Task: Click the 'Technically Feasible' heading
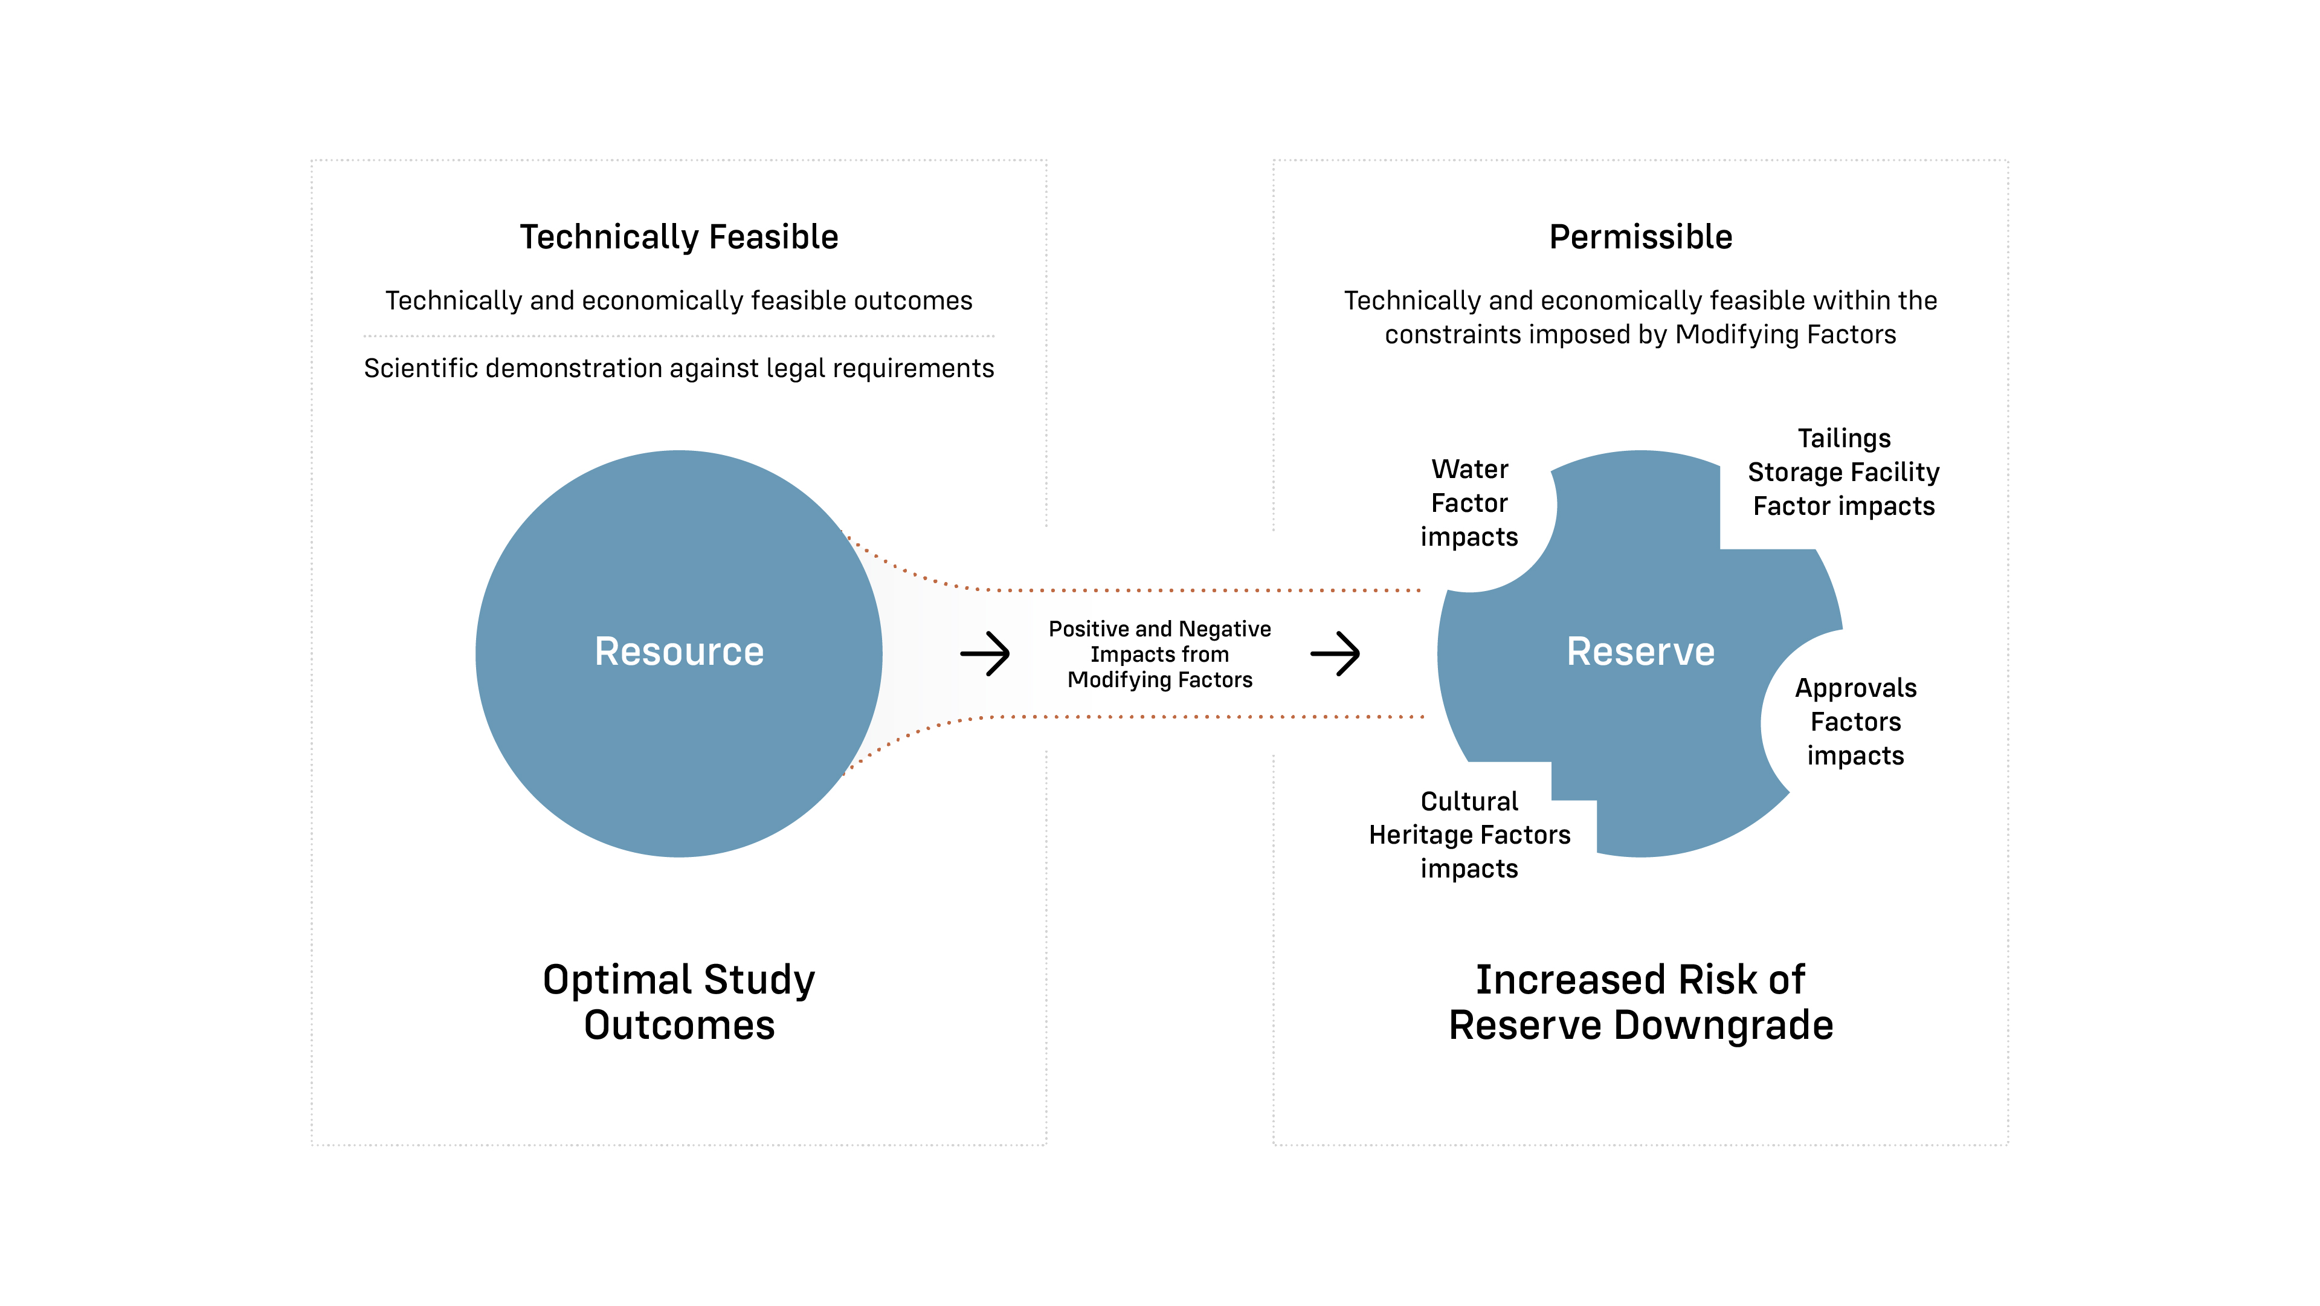click(x=679, y=237)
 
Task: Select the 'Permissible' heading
click(x=1640, y=237)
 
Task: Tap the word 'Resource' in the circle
click(x=679, y=651)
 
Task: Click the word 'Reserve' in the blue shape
click(x=1640, y=651)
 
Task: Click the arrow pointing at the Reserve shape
click(x=1335, y=653)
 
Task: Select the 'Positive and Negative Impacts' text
click(x=1159, y=654)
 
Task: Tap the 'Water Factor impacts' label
click(x=1469, y=503)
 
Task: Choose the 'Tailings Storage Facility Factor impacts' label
click(x=1843, y=472)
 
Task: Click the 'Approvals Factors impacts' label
click(x=1855, y=722)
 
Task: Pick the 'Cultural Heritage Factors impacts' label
click(x=1469, y=835)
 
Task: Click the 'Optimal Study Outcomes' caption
click(x=679, y=1001)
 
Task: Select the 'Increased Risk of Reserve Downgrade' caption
click(x=1640, y=1001)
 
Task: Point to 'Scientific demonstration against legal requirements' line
click(x=679, y=369)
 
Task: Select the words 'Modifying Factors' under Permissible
click(x=1785, y=334)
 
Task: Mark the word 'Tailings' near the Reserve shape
click(x=1843, y=439)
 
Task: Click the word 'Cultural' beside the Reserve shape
click(x=1469, y=801)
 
